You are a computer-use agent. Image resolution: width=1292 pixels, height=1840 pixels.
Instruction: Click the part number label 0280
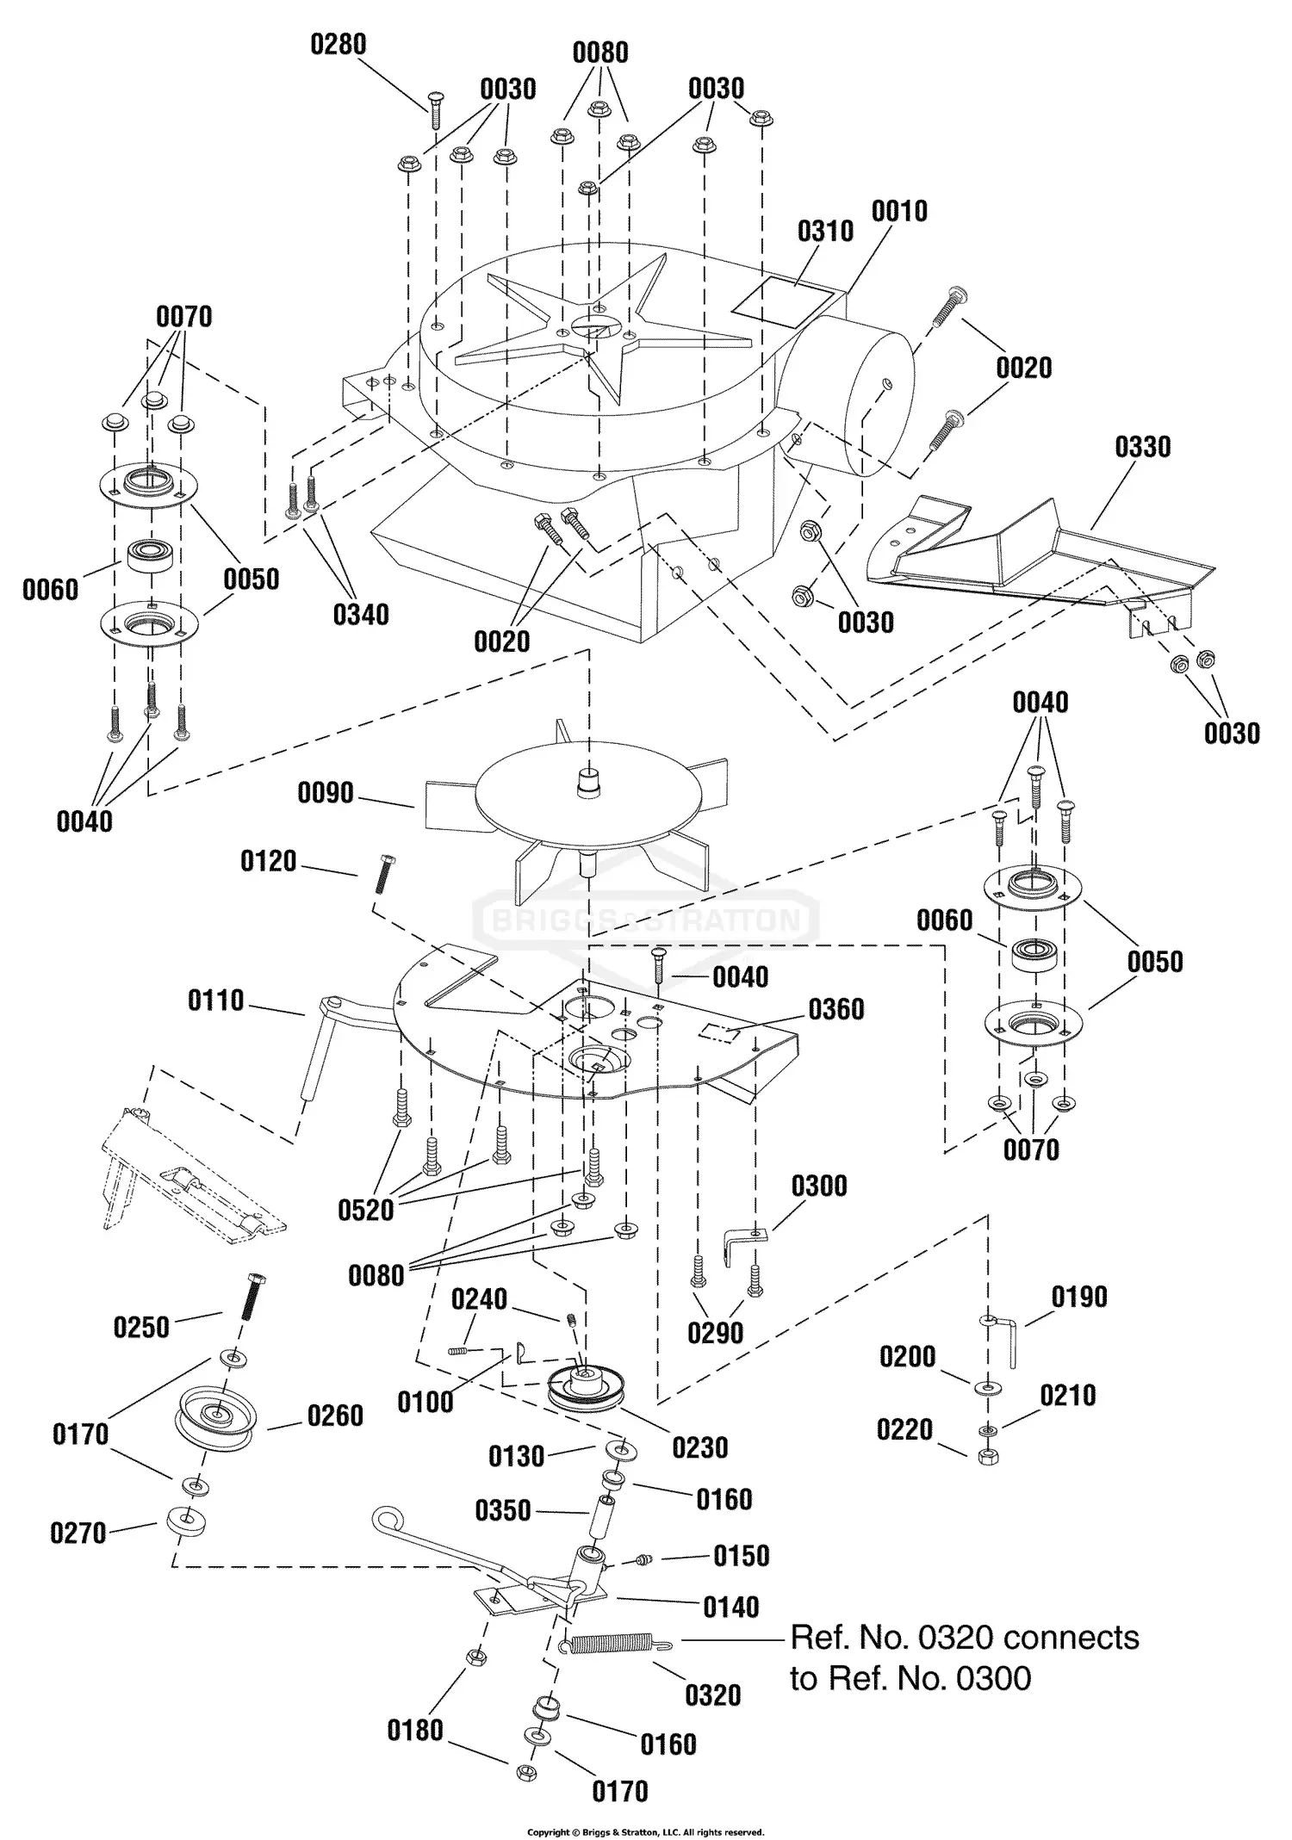[x=338, y=45]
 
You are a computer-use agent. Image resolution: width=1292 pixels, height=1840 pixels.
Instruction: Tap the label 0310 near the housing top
[x=825, y=231]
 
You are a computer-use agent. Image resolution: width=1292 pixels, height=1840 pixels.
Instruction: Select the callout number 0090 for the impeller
[x=326, y=792]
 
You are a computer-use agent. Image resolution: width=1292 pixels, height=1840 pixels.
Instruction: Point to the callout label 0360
[x=835, y=1009]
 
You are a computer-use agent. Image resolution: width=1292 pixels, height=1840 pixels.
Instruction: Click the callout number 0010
[x=899, y=211]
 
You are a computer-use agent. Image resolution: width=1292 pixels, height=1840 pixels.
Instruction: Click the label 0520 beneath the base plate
[x=365, y=1210]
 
